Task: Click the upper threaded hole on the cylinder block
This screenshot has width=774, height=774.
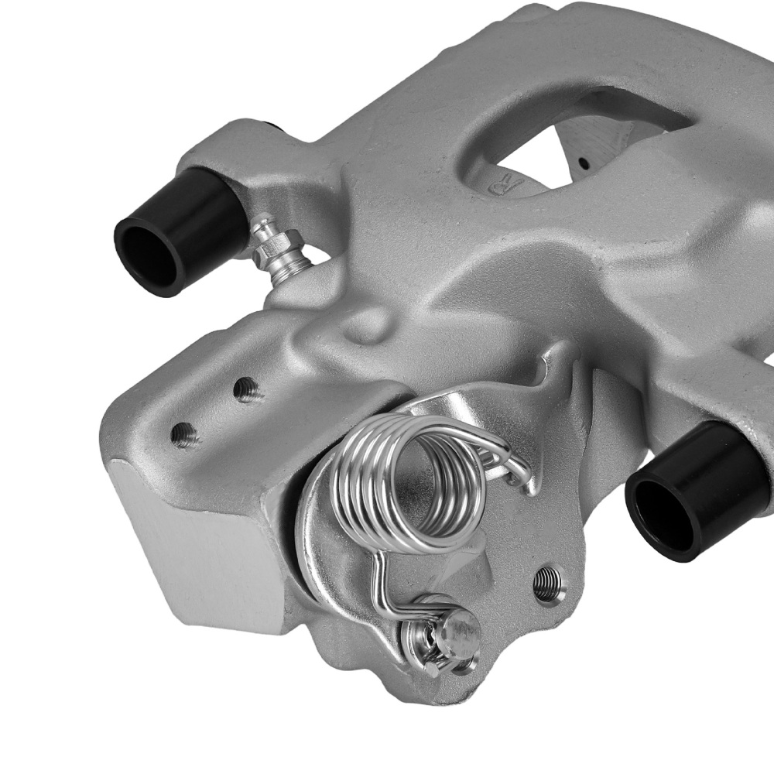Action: click(x=247, y=389)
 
